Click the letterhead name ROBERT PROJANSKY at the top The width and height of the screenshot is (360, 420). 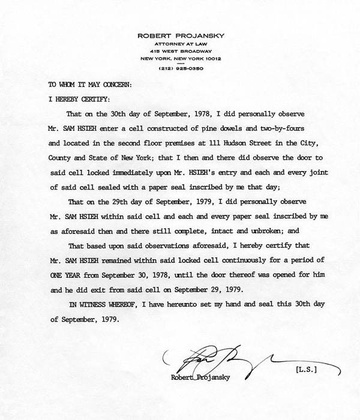coord(180,35)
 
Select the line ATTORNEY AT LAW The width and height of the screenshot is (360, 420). coord(180,44)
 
